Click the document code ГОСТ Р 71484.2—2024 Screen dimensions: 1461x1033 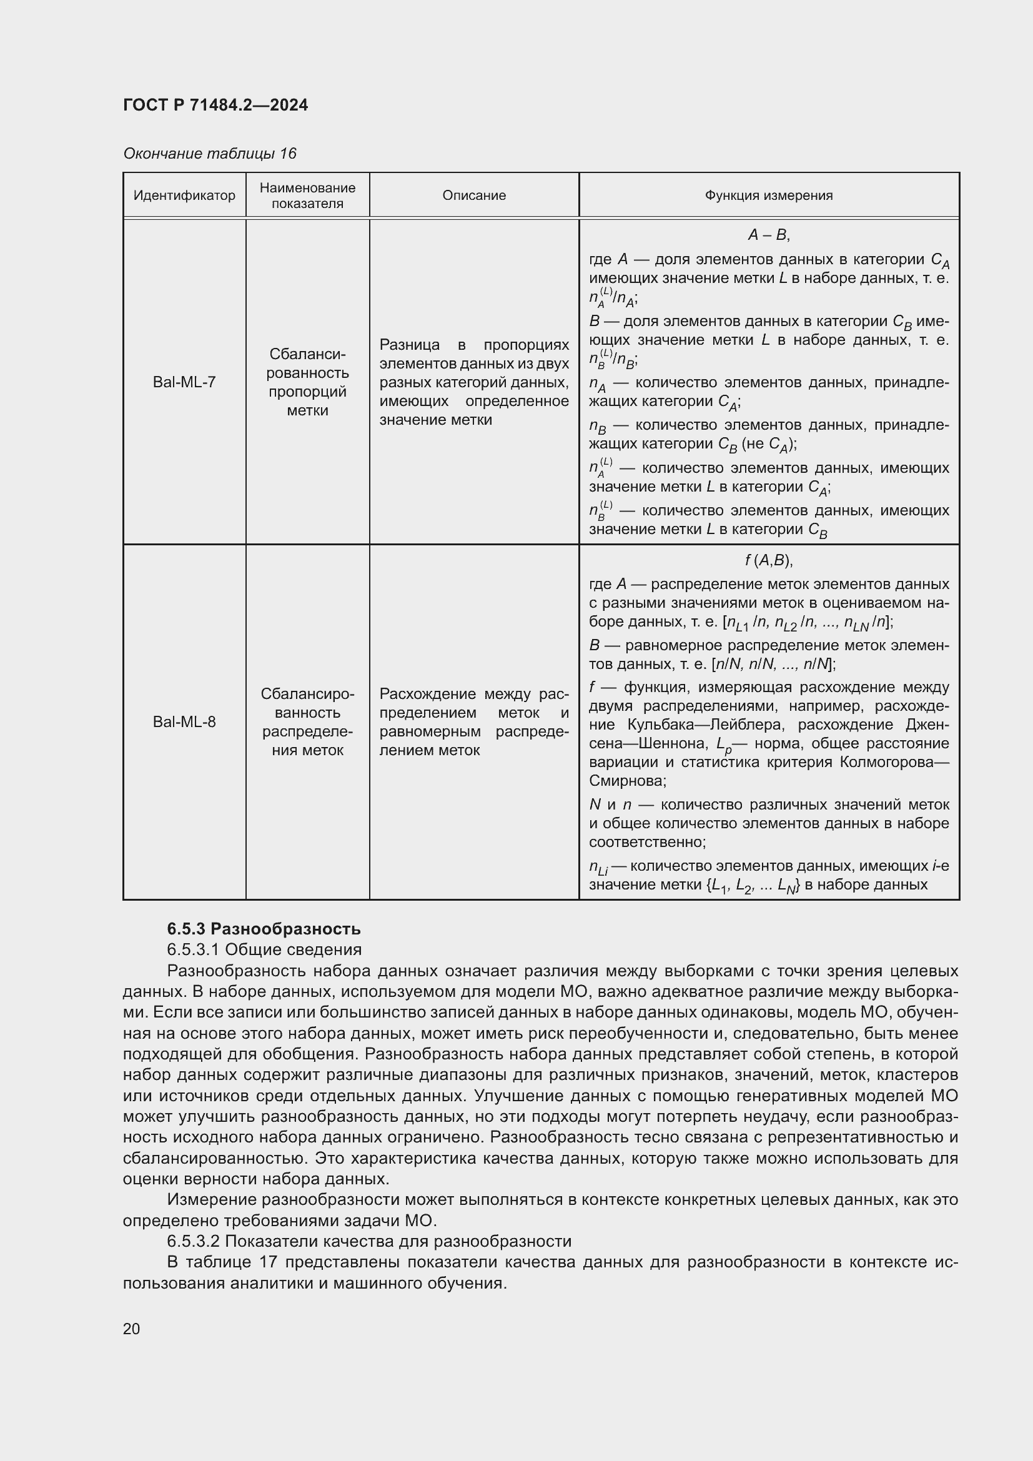215,105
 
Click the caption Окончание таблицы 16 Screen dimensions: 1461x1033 209,154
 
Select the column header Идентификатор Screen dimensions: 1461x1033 184,196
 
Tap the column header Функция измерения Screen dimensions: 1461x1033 768,196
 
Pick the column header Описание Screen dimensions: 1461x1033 474,196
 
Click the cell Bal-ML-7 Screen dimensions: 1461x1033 184,382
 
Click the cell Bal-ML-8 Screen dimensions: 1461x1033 184,721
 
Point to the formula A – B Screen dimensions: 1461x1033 768,235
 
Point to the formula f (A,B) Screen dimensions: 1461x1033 768,560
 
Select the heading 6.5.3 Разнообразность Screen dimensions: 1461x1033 264,929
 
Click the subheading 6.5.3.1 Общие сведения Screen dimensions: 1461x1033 264,949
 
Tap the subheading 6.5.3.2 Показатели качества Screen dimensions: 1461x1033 369,1241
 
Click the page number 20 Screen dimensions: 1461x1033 131,1329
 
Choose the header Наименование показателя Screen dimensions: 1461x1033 307,196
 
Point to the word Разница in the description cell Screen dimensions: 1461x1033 410,345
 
